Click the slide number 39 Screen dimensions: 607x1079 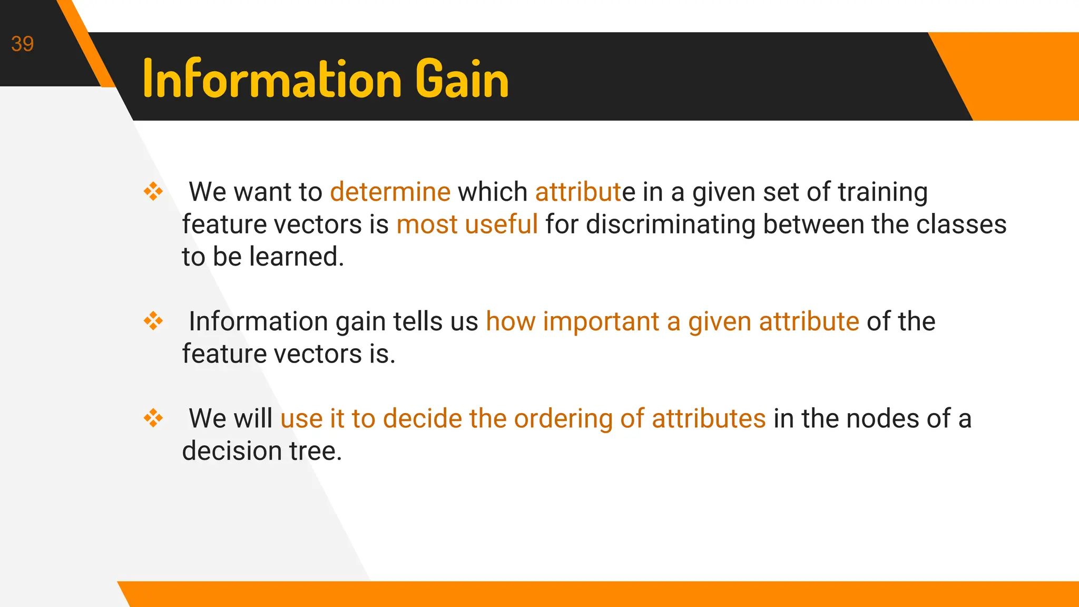pos(22,44)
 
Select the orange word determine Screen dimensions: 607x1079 pos(390,192)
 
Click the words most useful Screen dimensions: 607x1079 pos(467,224)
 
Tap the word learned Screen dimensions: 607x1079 pos(296,257)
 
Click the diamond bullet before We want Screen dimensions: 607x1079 pos(153,191)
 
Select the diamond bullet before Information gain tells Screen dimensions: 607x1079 pos(153,321)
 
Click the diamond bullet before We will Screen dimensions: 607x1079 pos(153,418)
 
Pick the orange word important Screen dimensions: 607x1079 pos(601,322)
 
